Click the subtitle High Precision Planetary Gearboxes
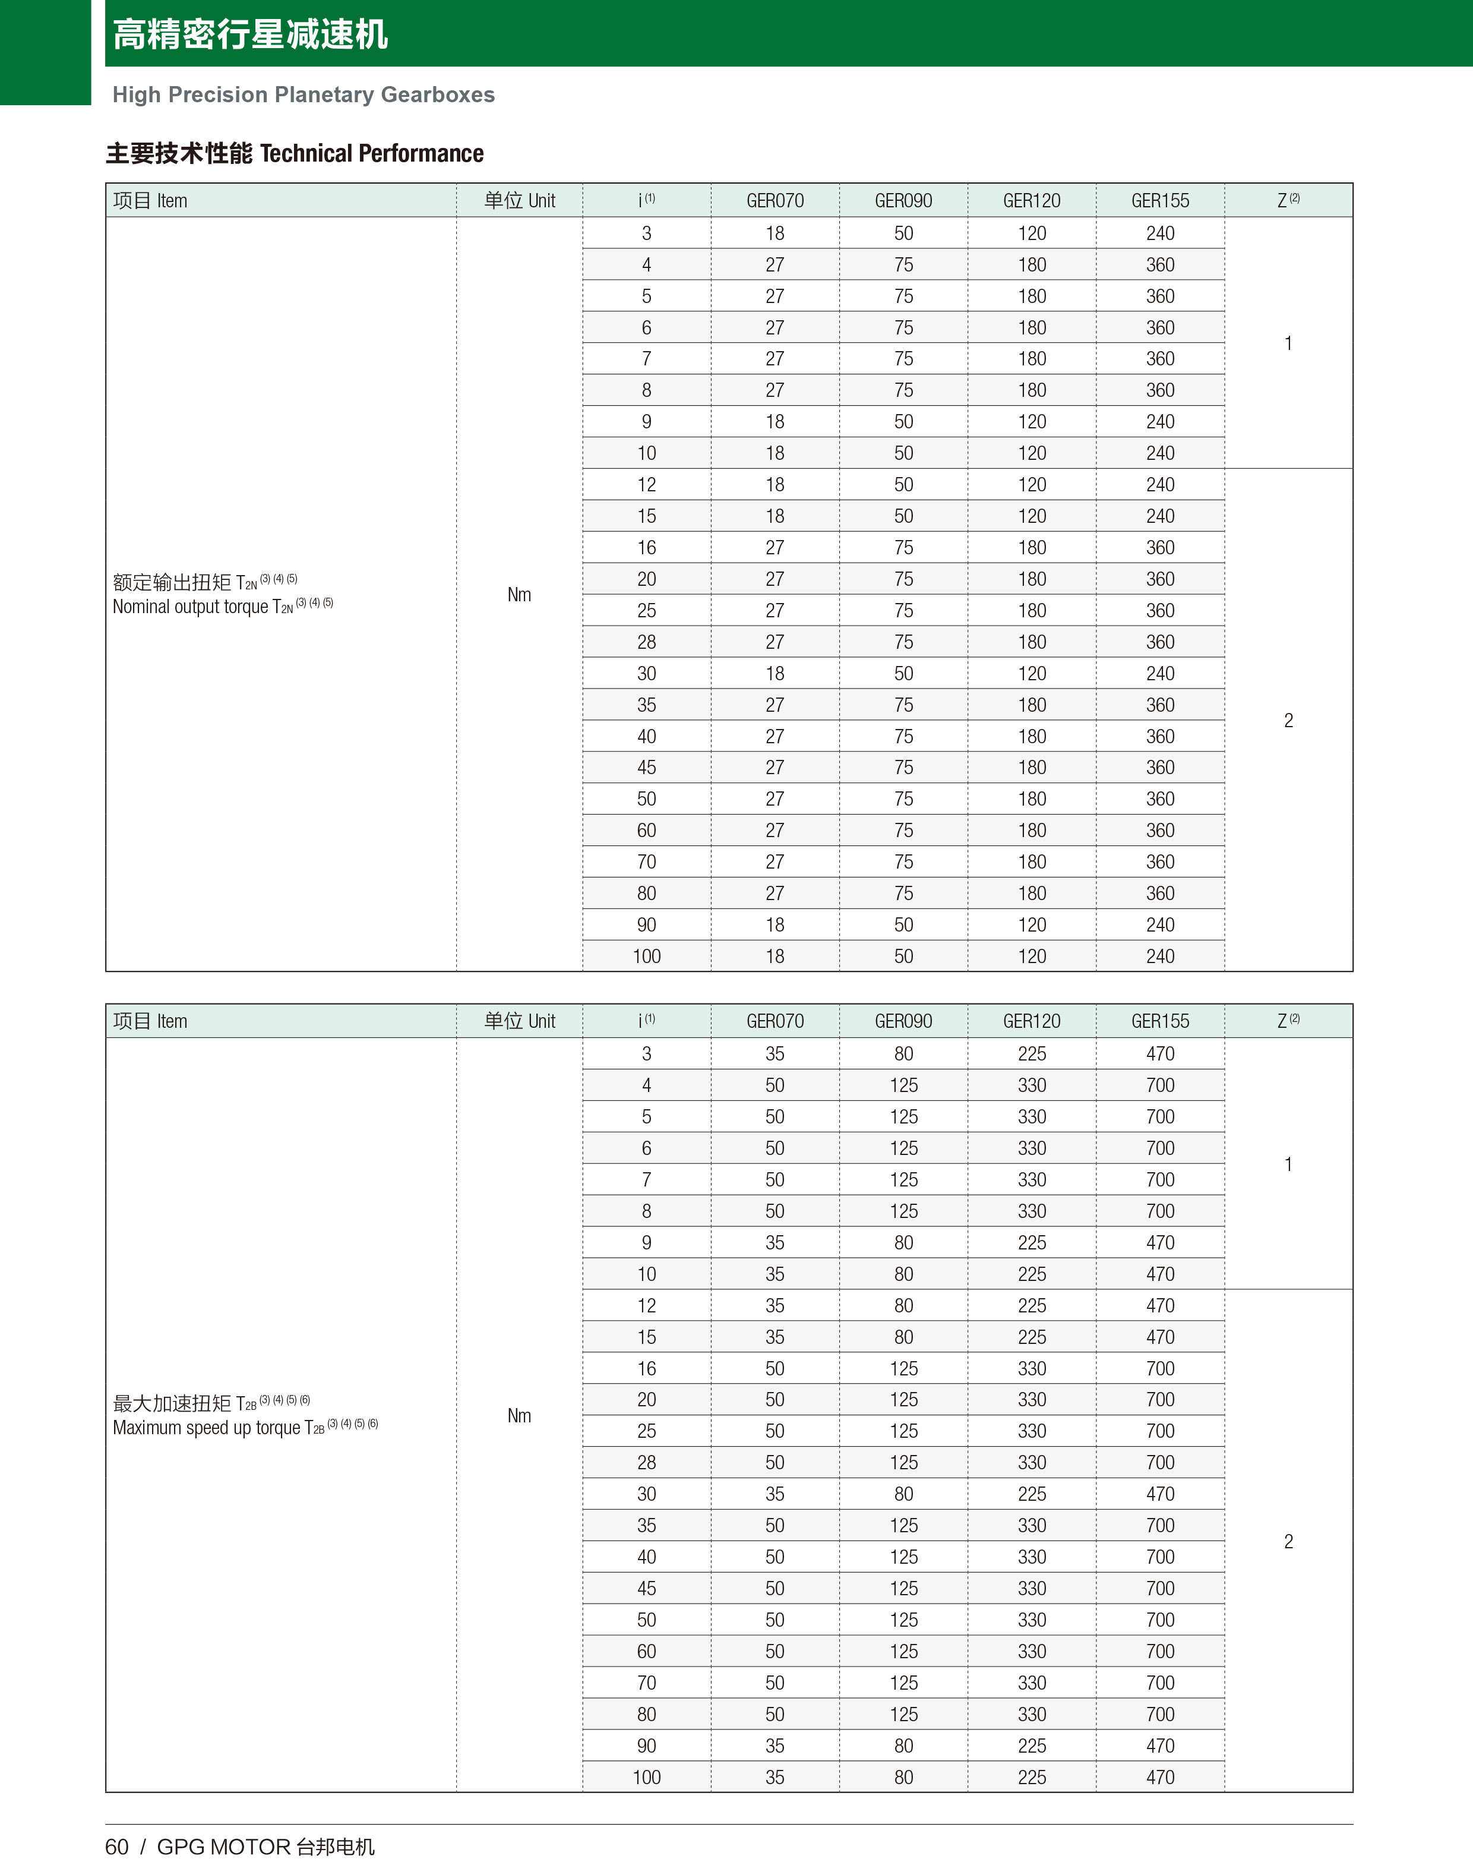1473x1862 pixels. [x=304, y=95]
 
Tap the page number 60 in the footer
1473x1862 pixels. [x=116, y=1847]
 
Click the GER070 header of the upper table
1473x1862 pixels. [x=775, y=201]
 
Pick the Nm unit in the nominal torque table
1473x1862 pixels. [x=519, y=594]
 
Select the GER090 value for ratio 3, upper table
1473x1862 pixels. [x=903, y=233]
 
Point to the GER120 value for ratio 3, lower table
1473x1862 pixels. [x=1032, y=1054]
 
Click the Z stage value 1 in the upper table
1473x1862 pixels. [x=1288, y=343]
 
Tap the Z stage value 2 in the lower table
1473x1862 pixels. [x=1288, y=1541]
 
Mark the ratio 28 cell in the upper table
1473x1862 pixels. [x=646, y=642]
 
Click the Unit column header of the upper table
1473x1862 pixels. [x=519, y=201]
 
